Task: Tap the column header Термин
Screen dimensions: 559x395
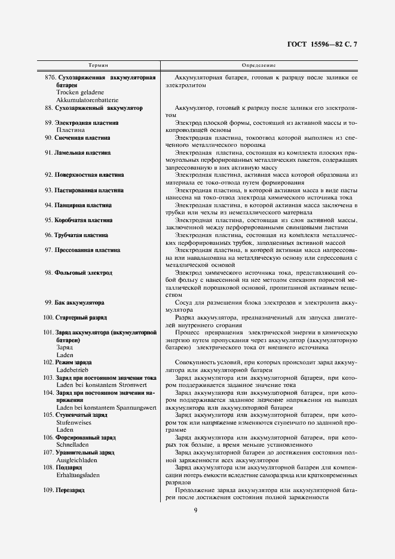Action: pyautogui.click(x=99, y=64)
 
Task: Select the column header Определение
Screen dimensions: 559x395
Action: pyautogui.click(x=259, y=64)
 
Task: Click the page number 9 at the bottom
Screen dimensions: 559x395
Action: pyautogui.click(x=195, y=509)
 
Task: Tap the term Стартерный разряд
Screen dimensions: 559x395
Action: pyautogui.click(x=81, y=318)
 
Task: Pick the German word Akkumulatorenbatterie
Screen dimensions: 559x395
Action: pyautogui.click(x=87, y=100)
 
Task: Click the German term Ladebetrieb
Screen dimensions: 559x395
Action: pyautogui.click(x=72, y=370)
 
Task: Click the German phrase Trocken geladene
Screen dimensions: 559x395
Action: pyautogui.click(x=80, y=93)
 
